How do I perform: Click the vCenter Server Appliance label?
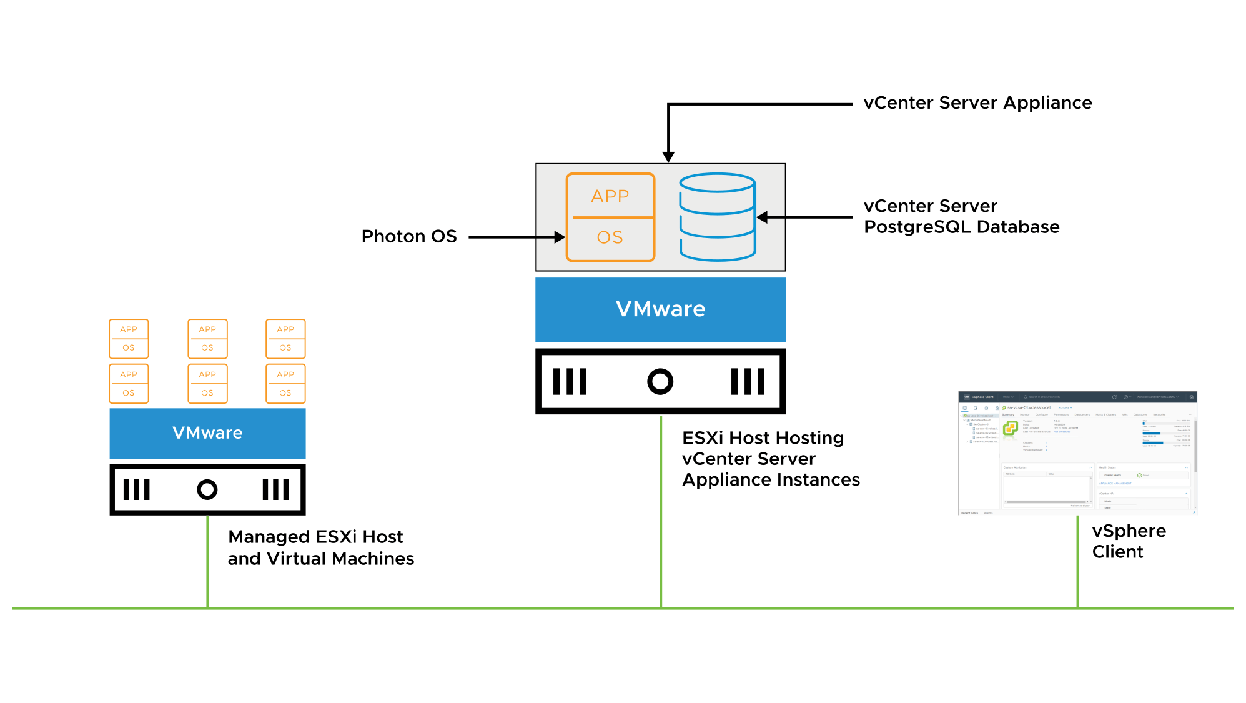point(977,103)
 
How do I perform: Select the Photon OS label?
point(409,236)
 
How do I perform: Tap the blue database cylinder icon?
point(717,217)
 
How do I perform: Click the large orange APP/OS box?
point(610,217)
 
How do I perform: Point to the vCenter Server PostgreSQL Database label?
point(961,216)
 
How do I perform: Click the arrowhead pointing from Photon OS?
point(560,237)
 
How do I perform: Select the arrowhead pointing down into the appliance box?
point(668,156)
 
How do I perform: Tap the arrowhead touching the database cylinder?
point(763,217)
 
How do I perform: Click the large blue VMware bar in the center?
point(660,309)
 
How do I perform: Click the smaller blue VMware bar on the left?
point(207,433)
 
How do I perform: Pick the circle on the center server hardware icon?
point(660,381)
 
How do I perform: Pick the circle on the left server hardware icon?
point(207,489)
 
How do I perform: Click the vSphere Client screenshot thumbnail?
point(1077,453)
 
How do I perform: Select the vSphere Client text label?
point(1128,541)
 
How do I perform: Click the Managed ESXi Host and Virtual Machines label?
point(320,547)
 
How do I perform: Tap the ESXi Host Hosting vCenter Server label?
point(770,459)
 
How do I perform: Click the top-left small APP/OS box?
point(129,338)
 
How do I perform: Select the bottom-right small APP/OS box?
point(285,383)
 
